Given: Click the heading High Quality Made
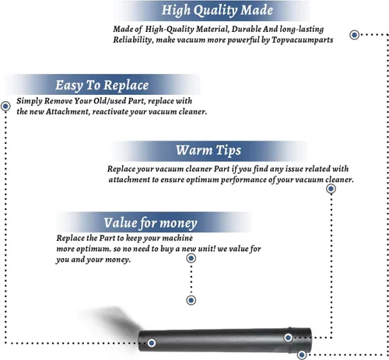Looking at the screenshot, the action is click(x=217, y=11).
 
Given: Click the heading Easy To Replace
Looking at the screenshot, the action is click(x=102, y=86).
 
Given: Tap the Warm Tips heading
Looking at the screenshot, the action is click(x=209, y=150).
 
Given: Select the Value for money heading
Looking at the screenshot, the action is click(x=150, y=223).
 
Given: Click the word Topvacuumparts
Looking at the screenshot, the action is click(x=303, y=40).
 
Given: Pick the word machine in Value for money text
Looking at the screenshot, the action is click(x=177, y=238).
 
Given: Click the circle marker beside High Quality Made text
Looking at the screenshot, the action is click(x=354, y=35).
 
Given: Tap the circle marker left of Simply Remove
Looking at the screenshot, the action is click(x=5, y=106).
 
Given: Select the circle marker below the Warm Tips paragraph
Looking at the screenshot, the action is click(x=331, y=189).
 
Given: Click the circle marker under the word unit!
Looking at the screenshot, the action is click(x=191, y=258).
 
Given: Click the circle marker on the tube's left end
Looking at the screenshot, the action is click(x=152, y=343).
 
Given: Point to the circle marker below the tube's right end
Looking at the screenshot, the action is click(x=302, y=355).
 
